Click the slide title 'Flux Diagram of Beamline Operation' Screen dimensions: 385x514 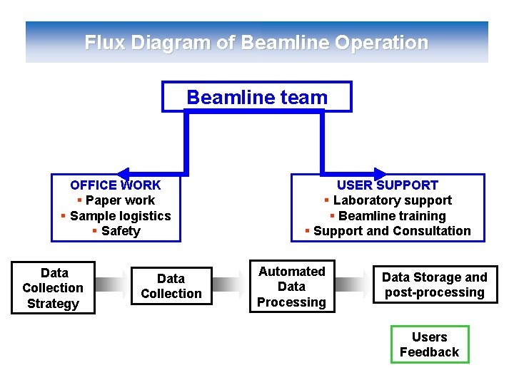(x=256, y=43)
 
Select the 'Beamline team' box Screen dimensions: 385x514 (x=257, y=97)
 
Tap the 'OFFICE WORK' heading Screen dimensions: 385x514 (x=116, y=185)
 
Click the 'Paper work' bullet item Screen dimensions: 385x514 (x=119, y=200)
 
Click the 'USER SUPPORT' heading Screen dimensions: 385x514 (x=388, y=185)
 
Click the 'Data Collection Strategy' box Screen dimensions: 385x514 (x=53, y=288)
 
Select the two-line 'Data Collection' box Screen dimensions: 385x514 (x=171, y=286)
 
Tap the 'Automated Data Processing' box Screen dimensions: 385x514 (x=291, y=287)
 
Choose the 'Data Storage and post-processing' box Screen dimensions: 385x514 (x=435, y=284)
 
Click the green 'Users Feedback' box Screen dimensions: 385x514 (x=430, y=344)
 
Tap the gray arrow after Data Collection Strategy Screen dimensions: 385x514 (x=111, y=285)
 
